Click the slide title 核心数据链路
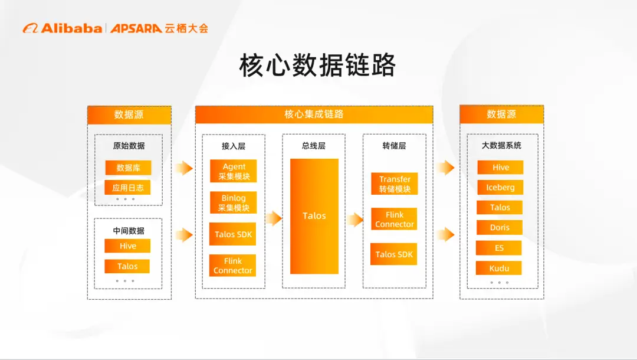pyautogui.click(x=317, y=66)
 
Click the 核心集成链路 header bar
pyautogui.click(x=314, y=114)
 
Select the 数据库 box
pyautogui.click(x=128, y=168)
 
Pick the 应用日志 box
pyautogui.click(x=128, y=188)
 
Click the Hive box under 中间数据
pyautogui.click(x=127, y=246)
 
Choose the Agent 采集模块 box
pyautogui.click(x=234, y=172)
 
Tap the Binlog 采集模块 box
pyautogui.click(x=234, y=203)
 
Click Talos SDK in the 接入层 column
pyautogui.click(x=233, y=234)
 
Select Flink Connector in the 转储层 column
pyautogui.click(x=394, y=220)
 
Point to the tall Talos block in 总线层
pyautogui.click(x=314, y=216)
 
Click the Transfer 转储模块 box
pyautogui.click(x=394, y=184)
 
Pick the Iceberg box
pyautogui.click(x=500, y=188)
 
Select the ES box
pyautogui.click(x=499, y=248)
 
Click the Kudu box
pyautogui.click(x=499, y=269)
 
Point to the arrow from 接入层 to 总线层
pyautogui.click(x=273, y=219)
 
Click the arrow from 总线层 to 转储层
pyautogui.click(x=354, y=220)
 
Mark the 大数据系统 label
pyautogui.click(x=501, y=145)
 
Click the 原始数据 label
pyautogui.click(x=129, y=145)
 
